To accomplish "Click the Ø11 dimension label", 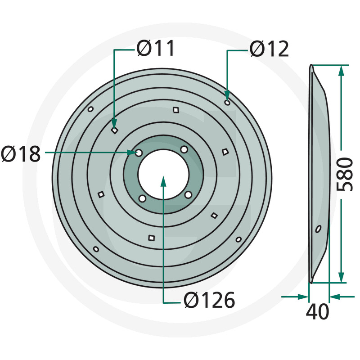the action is pyautogui.click(x=155, y=48).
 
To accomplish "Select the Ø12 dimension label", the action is pyautogui.click(x=269, y=49).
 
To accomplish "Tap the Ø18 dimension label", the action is pyautogui.click(x=21, y=154).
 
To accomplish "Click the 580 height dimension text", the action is pyautogui.click(x=344, y=174).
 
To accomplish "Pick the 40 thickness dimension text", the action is pyautogui.click(x=318, y=311).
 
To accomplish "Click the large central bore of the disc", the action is pyautogui.click(x=163, y=175).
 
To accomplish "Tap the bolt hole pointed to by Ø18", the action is pyautogui.click(x=139, y=153).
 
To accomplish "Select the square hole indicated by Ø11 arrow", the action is pyautogui.click(x=114, y=130).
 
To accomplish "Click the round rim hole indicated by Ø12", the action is pyautogui.click(x=227, y=103).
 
